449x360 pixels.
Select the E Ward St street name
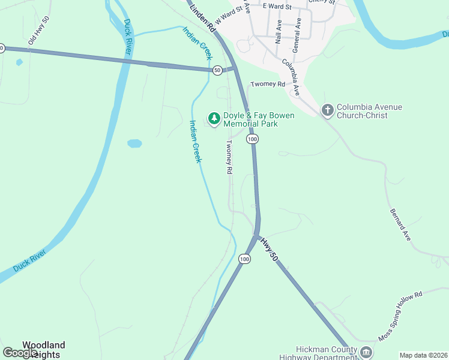276,7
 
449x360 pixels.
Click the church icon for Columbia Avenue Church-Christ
327,110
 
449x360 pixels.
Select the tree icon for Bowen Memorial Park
213,116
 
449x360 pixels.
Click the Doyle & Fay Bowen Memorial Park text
259,119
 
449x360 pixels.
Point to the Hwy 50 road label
270,248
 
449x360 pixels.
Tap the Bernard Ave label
400,225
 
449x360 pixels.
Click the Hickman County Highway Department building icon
366,352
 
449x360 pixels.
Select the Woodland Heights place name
43,350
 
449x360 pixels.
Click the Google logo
20,353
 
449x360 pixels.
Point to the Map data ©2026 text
423,355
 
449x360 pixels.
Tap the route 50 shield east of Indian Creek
217,70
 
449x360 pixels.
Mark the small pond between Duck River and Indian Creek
134,143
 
